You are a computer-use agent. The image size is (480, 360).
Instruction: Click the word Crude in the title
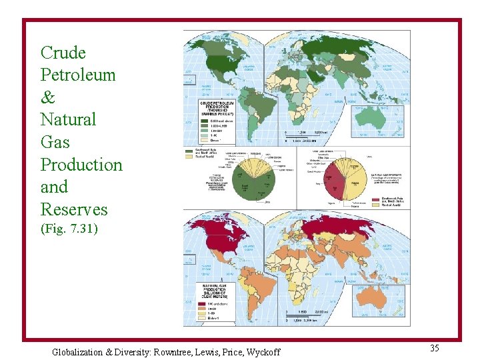[x=63, y=53]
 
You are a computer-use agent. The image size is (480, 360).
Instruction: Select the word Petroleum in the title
[x=77, y=75]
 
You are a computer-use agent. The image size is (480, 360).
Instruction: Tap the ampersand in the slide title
[x=48, y=97]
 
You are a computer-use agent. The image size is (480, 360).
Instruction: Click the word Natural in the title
[x=68, y=120]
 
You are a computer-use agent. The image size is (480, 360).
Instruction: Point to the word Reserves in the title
[x=73, y=209]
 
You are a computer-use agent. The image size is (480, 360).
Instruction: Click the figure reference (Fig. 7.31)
[x=69, y=229]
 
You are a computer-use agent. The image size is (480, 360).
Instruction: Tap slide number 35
[x=434, y=348]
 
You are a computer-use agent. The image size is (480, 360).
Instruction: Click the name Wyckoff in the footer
[x=261, y=352]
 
